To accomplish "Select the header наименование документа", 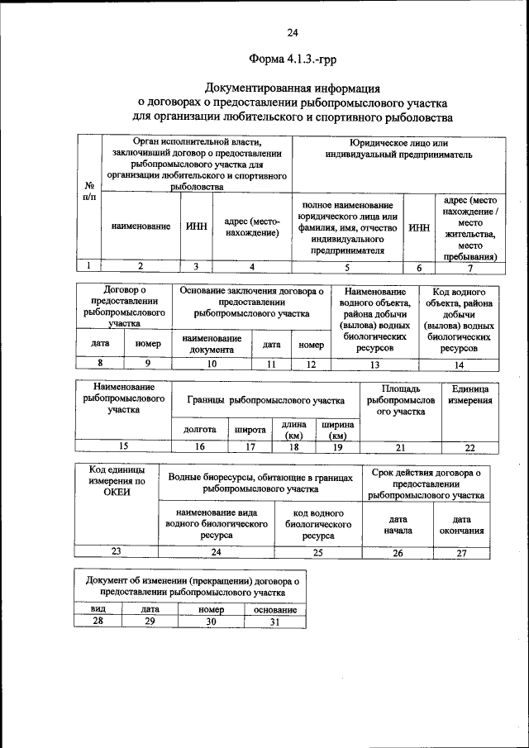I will (212, 344).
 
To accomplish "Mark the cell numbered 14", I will (459, 364).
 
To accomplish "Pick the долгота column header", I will (200, 430).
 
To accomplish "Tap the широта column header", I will (250, 430).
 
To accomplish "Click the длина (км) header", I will (293, 430).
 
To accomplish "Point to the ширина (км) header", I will (337, 430).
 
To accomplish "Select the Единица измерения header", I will (470, 394).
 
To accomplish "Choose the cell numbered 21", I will (400, 447).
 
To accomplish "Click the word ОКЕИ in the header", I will (117, 492).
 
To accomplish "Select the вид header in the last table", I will (97, 609).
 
